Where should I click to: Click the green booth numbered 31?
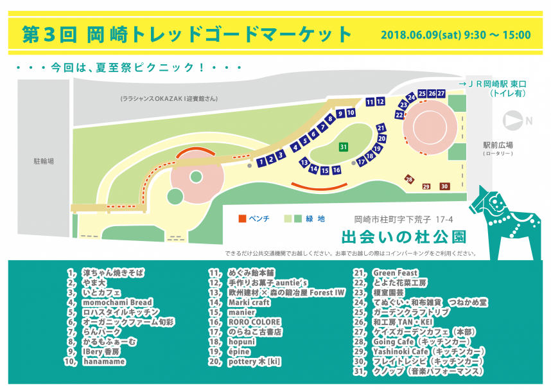344,146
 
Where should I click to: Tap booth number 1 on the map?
261,161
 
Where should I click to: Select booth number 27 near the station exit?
441,94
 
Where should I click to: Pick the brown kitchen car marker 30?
444,186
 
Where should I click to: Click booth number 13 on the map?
304,163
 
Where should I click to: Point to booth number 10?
351,113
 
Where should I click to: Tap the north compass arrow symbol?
512,120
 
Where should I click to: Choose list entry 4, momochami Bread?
117,302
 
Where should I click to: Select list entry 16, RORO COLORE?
254,322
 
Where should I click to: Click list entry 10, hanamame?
103,361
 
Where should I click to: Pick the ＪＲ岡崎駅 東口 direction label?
493,84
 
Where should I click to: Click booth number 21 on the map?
381,128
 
